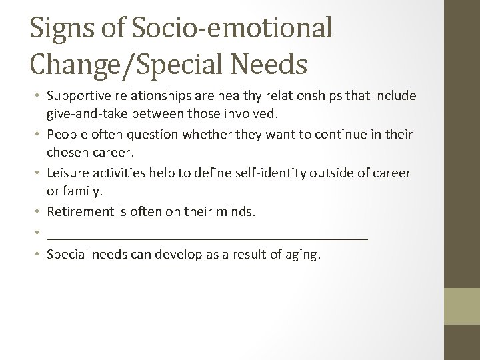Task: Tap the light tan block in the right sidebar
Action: pos(462,305)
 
